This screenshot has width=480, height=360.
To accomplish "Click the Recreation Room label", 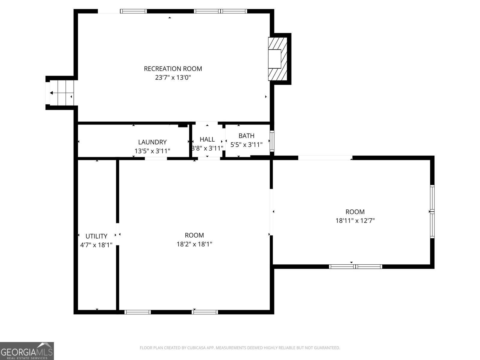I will [x=173, y=69].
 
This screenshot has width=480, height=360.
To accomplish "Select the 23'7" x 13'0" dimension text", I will [x=173, y=78].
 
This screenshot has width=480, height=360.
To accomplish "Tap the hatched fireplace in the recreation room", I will [x=277, y=59].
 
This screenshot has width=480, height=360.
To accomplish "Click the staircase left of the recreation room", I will [x=61, y=93].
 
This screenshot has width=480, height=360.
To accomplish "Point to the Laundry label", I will [x=152, y=142].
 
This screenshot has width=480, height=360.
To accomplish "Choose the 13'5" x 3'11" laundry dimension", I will [x=152, y=151].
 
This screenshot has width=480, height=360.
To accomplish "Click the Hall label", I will [x=207, y=139].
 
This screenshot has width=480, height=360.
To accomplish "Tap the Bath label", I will [x=246, y=136].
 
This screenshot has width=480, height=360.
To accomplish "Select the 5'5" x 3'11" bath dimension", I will [x=246, y=145].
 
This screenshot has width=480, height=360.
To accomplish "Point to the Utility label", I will [x=96, y=236].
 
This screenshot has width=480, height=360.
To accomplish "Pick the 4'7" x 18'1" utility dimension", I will [x=96, y=245].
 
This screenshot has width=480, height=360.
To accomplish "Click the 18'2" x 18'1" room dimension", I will [x=194, y=244].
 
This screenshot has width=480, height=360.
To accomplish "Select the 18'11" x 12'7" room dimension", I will [x=355, y=221].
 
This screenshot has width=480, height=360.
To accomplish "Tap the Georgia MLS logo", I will [x=27, y=351].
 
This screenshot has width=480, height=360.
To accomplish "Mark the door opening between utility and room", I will [x=118, y=234].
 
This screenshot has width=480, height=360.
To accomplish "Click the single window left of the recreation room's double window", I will [x=133, y=11].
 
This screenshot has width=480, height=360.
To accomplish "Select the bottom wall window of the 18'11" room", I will [x=355, y=266].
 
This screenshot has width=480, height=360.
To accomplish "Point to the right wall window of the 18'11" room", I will [x=432, y=211].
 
